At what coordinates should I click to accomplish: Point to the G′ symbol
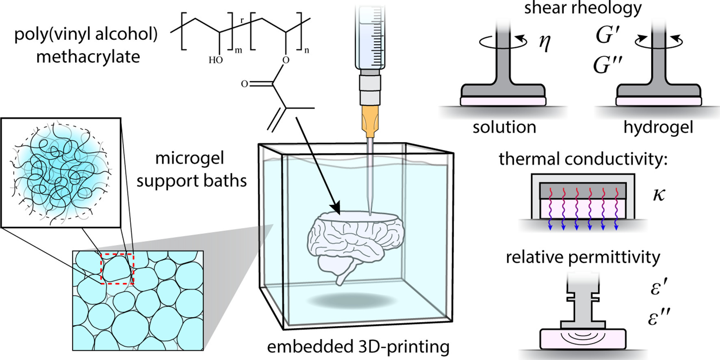608,35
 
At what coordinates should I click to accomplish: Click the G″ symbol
608,65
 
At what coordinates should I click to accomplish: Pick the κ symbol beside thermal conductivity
659,195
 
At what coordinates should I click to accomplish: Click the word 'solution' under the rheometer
504,128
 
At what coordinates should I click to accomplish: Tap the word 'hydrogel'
658,128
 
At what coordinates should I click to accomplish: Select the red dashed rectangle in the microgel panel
117,269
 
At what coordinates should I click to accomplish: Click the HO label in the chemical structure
216,60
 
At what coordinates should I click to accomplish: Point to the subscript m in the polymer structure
239,51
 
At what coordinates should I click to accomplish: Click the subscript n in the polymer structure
307,51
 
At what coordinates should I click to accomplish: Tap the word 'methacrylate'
88,56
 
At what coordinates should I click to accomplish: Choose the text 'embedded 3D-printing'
358,347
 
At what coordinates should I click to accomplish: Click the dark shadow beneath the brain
351,301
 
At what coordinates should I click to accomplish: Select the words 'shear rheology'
583,8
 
